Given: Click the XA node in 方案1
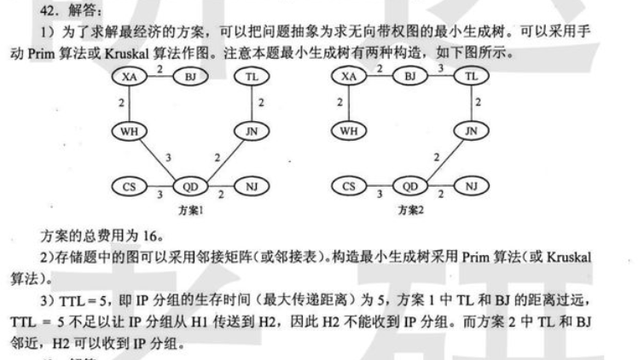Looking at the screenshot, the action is (x=129, y=77).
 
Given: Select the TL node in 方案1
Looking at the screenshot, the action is (x=252, y=77).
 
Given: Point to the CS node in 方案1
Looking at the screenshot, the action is (x=129, y=185).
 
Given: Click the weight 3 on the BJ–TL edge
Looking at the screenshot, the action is (x=440, y=67).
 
